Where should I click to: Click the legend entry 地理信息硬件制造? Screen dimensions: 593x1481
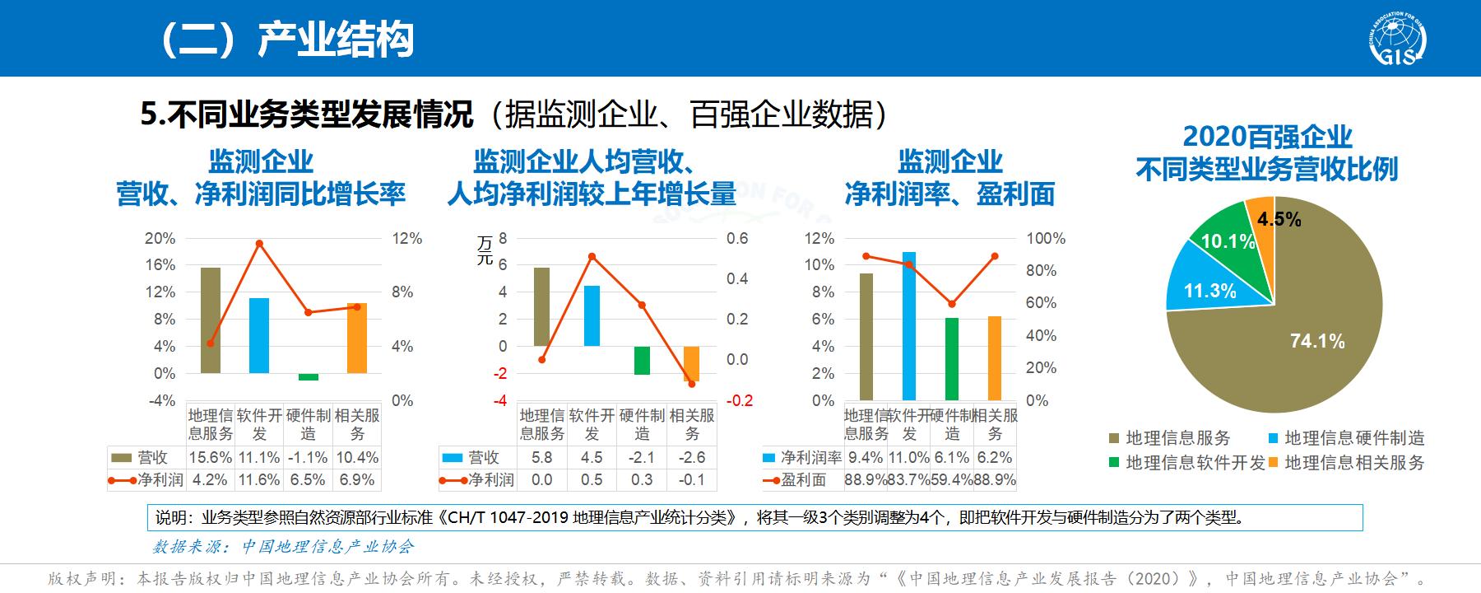tap(1354, 438)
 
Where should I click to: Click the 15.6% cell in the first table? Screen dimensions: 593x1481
tap(211, 457)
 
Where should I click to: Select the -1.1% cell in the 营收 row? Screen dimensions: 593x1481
tap(308, 457)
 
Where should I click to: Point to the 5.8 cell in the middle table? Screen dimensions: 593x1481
tap(542, 457)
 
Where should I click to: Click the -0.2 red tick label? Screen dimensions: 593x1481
tap(740, 400)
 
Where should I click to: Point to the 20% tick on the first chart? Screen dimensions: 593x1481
tap(160, 238)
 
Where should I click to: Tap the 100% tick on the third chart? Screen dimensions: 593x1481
tap(1046, 238)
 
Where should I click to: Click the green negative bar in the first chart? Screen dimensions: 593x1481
tap(309, 376)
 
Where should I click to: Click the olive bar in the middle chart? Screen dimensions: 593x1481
tap(541, 306)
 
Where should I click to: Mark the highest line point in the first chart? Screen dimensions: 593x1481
tap(259, 244)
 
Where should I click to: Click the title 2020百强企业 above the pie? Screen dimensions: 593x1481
tap(1267, 137)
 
